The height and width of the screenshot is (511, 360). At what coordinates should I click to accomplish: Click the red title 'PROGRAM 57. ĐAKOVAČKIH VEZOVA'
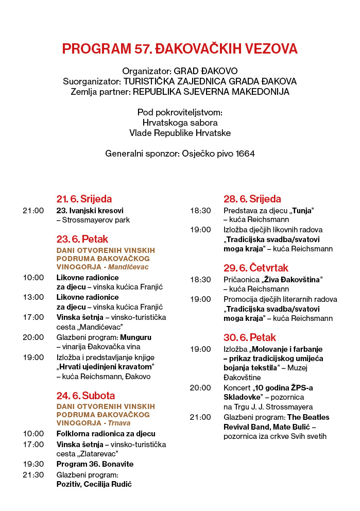[180, 49]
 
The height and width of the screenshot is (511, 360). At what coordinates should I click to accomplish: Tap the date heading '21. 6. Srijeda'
[84, 199]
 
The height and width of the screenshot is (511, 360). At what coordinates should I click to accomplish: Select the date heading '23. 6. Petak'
[82, 239]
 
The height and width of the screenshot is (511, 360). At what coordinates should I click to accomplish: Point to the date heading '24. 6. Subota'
[85, 396]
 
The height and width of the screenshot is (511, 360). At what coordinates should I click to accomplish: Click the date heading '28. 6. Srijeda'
[252, 199]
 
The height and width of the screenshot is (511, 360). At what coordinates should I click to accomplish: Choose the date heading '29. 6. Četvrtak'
[256, 268]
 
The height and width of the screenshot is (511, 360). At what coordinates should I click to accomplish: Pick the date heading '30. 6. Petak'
[249, 337]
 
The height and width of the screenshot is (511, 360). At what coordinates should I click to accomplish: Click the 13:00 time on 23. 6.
[33, 297]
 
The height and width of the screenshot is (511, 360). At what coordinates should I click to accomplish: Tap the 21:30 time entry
[33, 474]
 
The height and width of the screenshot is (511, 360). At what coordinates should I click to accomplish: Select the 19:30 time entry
[33, 464]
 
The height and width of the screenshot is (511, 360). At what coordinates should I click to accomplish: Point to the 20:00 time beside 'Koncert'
[200, 387]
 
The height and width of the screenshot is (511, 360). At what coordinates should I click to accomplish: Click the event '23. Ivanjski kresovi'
[90, 210]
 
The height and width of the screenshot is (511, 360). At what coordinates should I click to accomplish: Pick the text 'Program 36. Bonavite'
[95, 464]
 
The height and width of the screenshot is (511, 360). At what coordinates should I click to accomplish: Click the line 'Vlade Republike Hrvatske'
[180, 133]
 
